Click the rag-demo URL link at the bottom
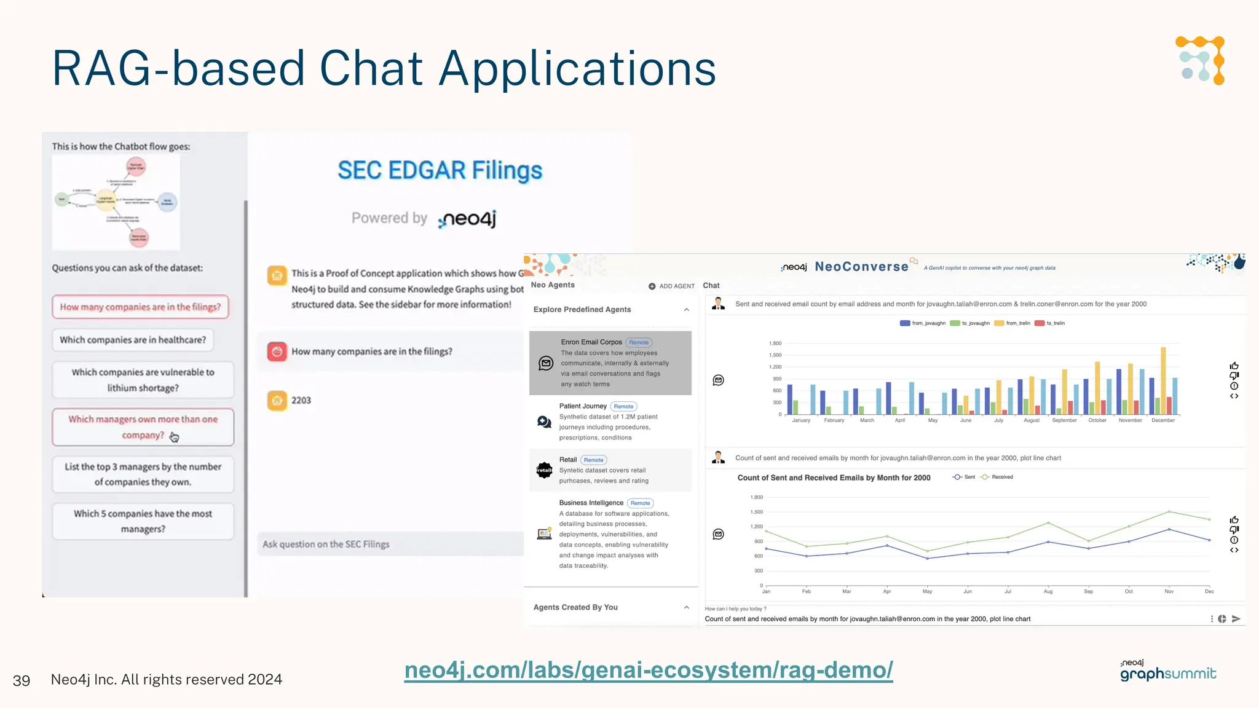pyautogui.click(x=648, y=670)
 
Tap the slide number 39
pyautogui.click(x=22, y=680)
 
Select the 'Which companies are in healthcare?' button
pyautogui.click(x=133, y=340)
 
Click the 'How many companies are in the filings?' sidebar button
pyautogui.click(x=140, y=307)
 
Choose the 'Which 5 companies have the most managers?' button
pyautogui.click(x=143, y=521)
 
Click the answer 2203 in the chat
pyautogui.click(x=301, y=401)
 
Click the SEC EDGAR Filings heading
pyautogui.click(x=440, y=170)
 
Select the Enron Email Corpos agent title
pyautogui.click(x=591, y=342)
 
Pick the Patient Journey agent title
pyautogui.click(x=583, y=406)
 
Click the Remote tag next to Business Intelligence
pyautogui.click(x=640, y=503)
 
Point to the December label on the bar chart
pyautogui.click(x=1163, y=420)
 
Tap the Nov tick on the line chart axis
pyautogui.click(x=1169, y=591)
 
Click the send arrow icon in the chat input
pyautogui.click(x=1236, y=619)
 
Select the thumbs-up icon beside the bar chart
pyautogui.click(x=1234, y=366)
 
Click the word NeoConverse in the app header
pyautogui.click(x=861, y=267)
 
